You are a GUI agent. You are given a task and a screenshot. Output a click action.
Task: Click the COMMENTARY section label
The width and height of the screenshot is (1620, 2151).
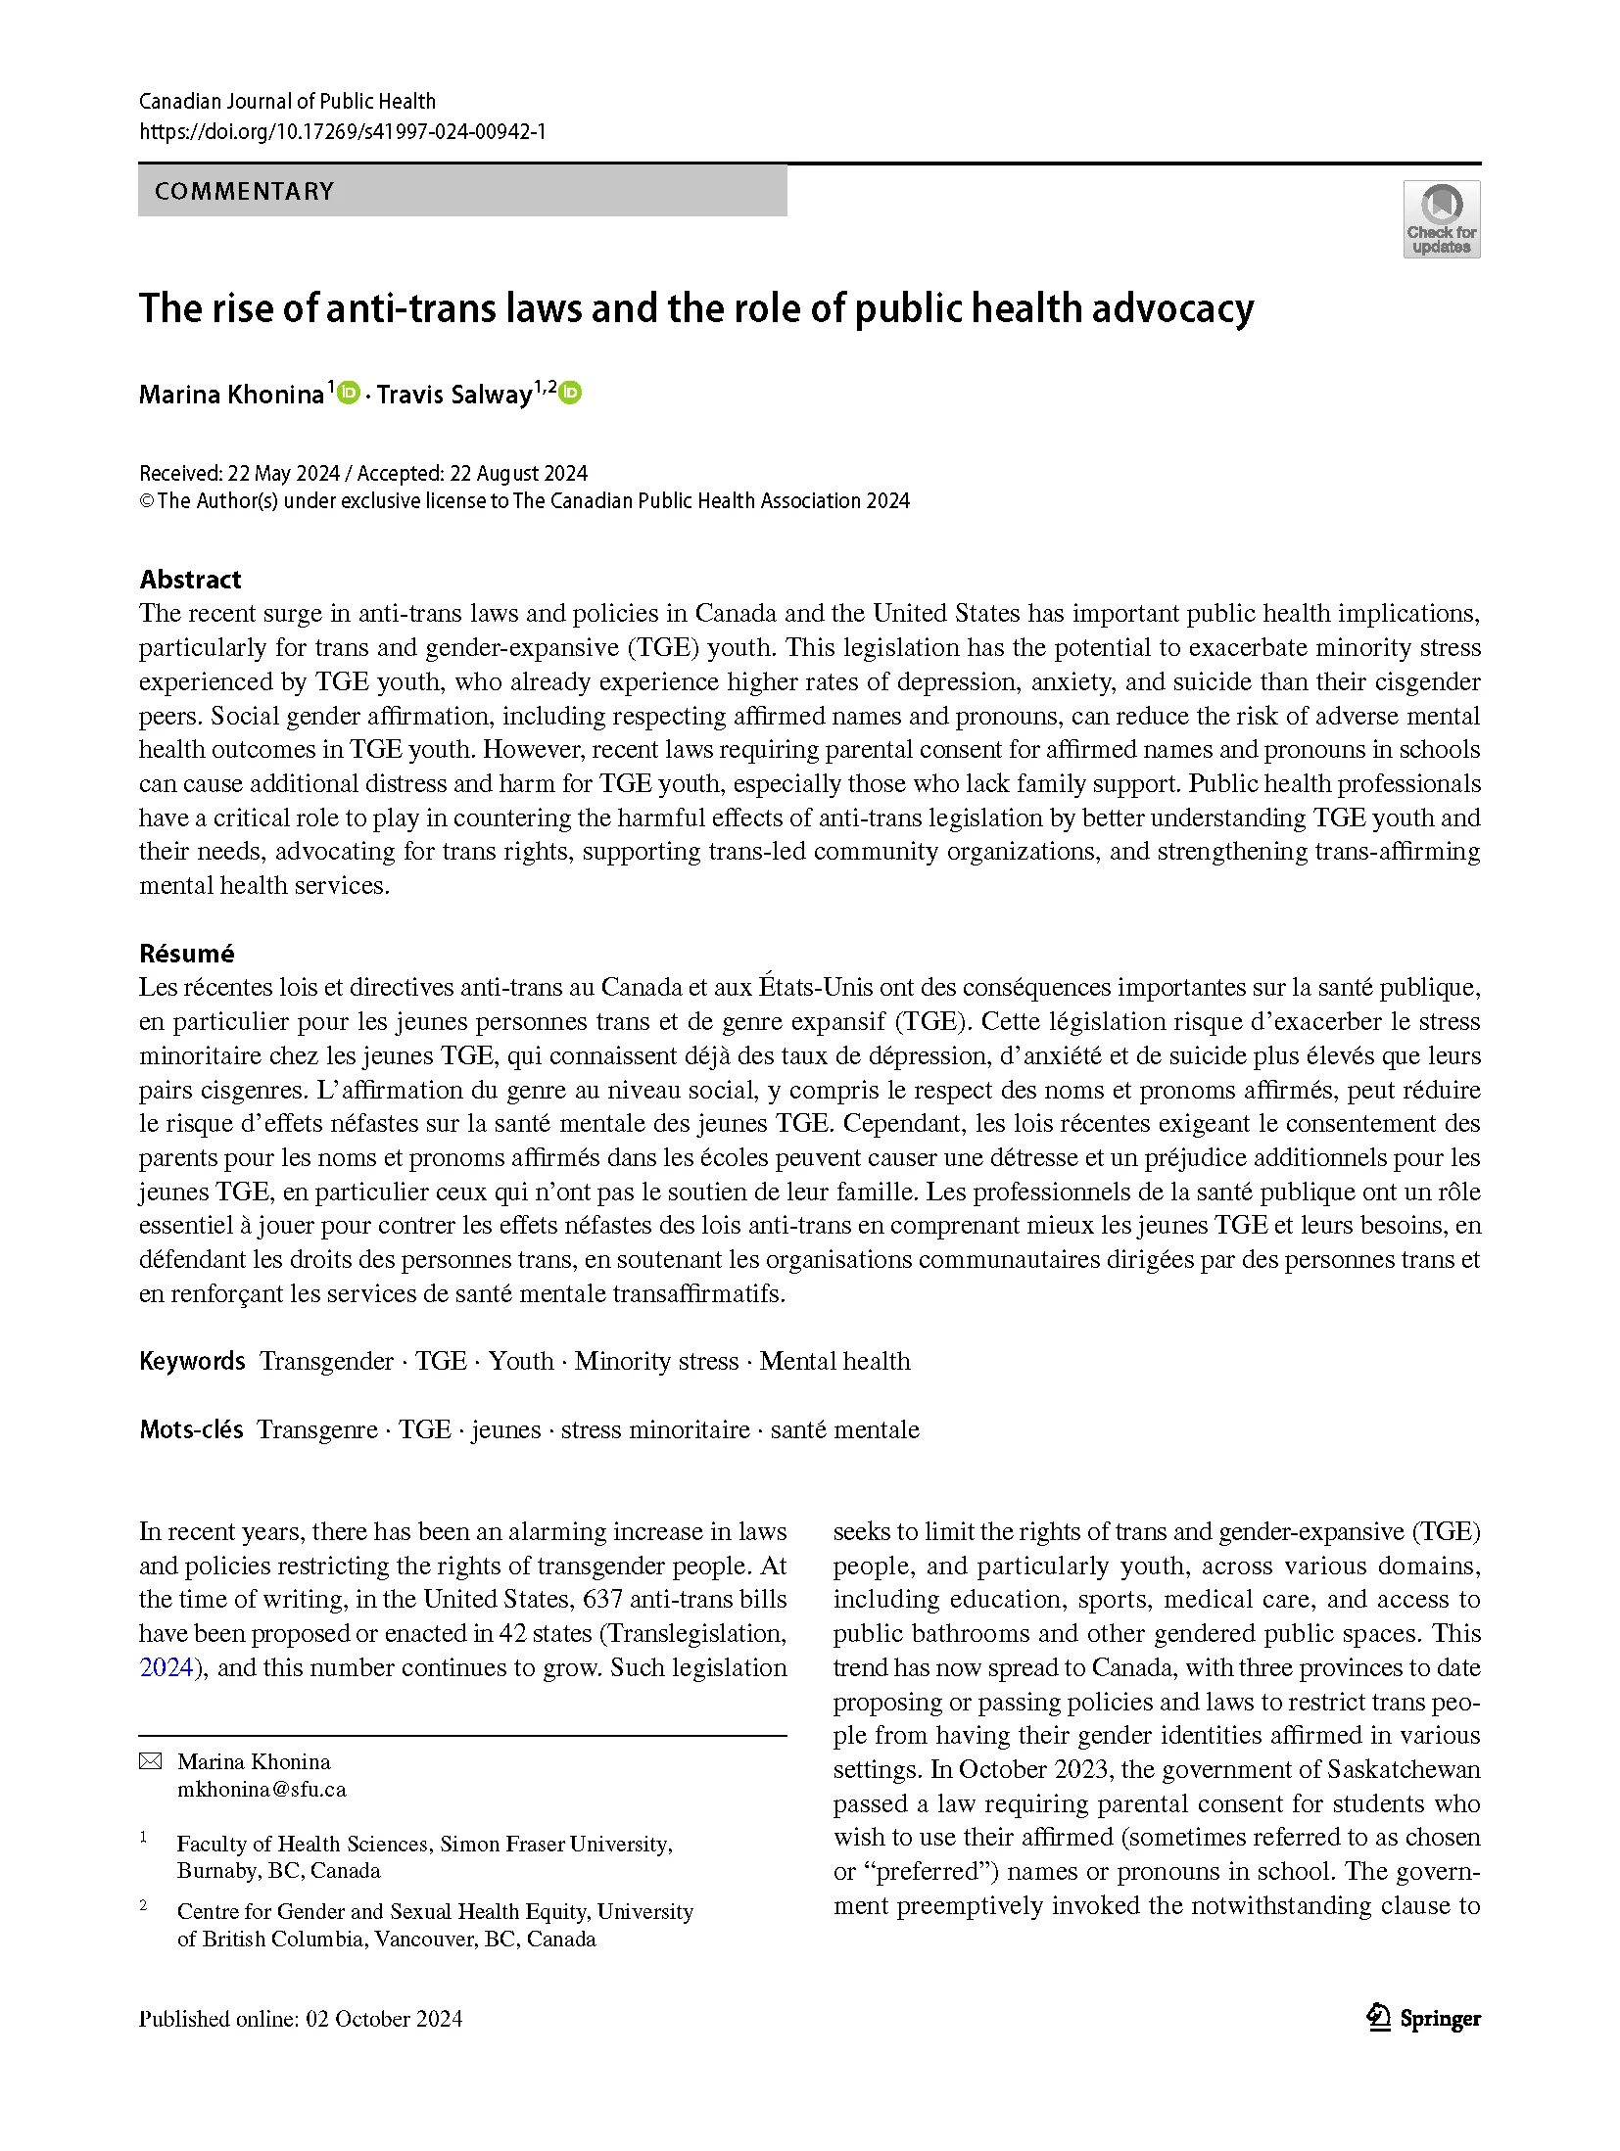click(x=244, y=191)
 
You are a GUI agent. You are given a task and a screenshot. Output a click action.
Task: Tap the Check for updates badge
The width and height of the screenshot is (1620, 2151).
click(x=1441, y=219)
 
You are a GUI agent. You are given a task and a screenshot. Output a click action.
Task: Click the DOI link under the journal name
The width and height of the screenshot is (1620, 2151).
click(x=342, y=131)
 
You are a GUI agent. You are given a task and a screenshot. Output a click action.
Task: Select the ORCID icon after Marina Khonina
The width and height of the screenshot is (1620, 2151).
click(x=349, y=393)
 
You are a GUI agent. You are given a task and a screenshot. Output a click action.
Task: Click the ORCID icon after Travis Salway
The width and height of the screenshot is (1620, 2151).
click(x=570, y=393)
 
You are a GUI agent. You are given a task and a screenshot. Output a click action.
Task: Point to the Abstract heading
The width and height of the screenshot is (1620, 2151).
click(x=190, y=579)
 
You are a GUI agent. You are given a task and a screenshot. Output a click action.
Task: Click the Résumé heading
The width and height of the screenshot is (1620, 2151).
click(x=186, y=953)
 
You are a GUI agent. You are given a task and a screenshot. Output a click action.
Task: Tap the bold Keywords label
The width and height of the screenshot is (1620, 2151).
click(x=192, y=1361)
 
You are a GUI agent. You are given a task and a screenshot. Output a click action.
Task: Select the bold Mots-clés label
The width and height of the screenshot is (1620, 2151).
click(x=191, y=1429)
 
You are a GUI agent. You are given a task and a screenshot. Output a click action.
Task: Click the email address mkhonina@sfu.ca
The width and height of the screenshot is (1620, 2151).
click(x=262, y=1789)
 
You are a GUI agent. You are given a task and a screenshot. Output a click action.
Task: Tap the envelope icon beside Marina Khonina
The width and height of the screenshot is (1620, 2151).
click(x=150, y=1761)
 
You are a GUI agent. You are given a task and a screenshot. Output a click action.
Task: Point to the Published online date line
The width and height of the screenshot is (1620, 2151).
click(x=301, y=2019)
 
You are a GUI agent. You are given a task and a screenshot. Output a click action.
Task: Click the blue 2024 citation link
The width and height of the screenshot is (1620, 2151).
click(x=166, y=1667)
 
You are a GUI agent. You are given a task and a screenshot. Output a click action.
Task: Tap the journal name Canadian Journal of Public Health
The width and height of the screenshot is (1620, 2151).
click(x=287, y=101)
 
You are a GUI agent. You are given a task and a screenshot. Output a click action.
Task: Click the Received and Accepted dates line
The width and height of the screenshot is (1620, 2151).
click(x=363, y=474)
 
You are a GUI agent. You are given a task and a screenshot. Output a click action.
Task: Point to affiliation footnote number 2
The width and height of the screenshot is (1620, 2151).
click(x=144, y=1905)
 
